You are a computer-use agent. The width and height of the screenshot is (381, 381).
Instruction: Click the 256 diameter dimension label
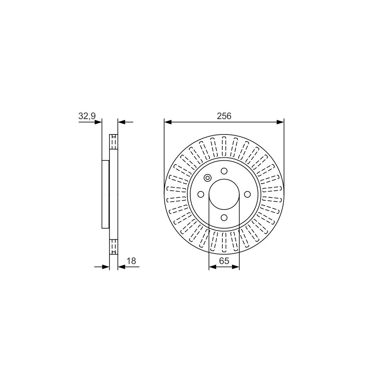224,116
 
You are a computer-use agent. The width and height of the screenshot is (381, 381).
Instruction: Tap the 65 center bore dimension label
224,261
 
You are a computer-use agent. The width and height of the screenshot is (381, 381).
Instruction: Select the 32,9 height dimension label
87,117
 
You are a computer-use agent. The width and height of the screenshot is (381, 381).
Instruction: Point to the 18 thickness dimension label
131,261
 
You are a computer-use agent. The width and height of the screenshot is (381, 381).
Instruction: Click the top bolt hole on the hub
224,171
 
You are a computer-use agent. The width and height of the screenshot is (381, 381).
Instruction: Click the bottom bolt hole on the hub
224,217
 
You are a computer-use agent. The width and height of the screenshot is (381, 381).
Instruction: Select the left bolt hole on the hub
201,194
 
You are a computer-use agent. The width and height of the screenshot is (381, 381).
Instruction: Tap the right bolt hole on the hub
247,194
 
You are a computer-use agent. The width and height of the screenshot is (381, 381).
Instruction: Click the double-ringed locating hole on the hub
208,178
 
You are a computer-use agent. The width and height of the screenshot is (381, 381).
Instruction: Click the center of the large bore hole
224,194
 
